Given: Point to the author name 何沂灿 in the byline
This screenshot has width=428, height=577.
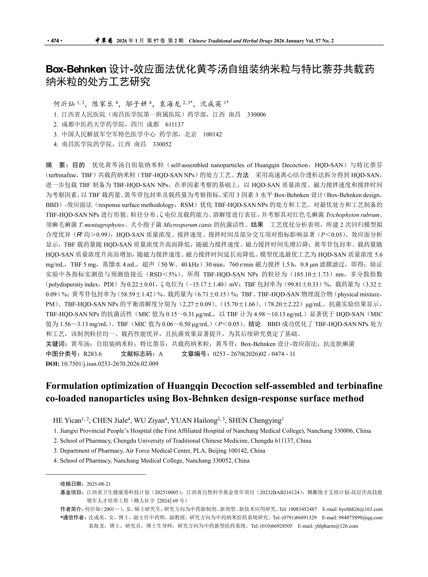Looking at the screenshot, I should [64, 104].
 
